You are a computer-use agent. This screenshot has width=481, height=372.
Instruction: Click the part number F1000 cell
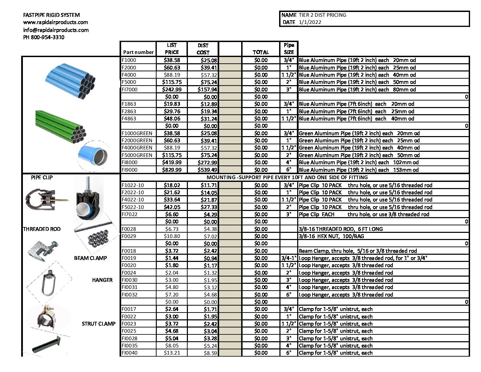pyautogui.click(x=129, y=60)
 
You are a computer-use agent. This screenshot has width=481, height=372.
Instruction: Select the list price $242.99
pyautogui.click(x=171, y=90)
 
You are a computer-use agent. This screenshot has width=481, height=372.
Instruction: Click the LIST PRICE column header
pyautogui.click(x=171, y=49)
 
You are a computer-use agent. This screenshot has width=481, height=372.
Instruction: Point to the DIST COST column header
pyautogui.click(x=203, y=49)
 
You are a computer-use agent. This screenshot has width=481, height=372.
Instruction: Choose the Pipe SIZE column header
pyautogui.click(x=289, y=49)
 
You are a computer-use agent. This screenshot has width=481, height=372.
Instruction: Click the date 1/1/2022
pyautogui.click(x=310, y=22)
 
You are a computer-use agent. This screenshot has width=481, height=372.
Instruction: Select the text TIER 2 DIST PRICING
pyautogui.click(x=322, y=15)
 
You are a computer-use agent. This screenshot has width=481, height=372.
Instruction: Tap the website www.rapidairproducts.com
pyautogui.click(x=55, y=22)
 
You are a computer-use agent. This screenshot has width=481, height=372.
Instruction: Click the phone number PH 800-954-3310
pyautogui.click(x=43, y=37)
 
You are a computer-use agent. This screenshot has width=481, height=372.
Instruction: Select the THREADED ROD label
pyautogui.click(x=42, y=229)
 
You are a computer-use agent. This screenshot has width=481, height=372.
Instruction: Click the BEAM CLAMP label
pyautogui.click(x=90, y=258)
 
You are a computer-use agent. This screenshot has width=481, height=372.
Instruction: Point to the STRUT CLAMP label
pyautogui.click(x=98, y=324)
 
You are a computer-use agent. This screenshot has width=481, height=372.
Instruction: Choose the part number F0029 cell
pyautogui.click(x=129, y=236)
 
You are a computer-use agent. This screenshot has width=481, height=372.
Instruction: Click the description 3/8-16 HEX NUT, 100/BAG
pyautogui.click(x=331, y=236)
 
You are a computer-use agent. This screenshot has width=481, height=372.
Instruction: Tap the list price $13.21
pyautogui.click(x=171, y=353)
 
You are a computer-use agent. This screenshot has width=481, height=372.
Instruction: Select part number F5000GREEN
pyautogui.click(x=137, y=155)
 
